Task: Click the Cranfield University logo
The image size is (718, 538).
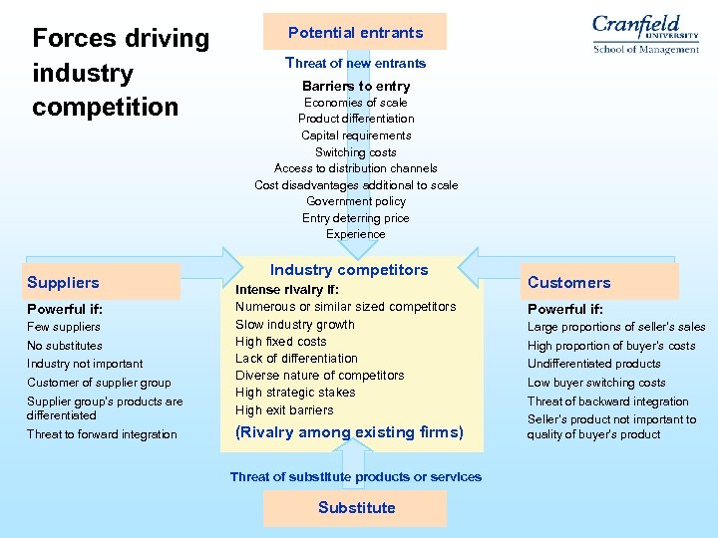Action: pos(645,33)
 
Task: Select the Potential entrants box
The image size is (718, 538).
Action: pos(355,32)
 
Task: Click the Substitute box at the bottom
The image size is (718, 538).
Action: pos(356,508)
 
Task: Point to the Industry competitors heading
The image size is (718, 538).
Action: pos(349,270)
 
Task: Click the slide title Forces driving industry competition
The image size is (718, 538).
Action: pos(121,73)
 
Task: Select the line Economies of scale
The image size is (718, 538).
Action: pos(355,103)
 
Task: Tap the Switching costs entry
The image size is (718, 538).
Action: pos(355,152)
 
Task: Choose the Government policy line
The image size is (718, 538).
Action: pos(355,201)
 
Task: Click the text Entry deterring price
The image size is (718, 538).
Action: pos(355,218)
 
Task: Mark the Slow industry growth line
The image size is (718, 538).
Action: pos(294,324)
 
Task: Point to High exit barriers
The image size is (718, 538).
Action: pos(284,409)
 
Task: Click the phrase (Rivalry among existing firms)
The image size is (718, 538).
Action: pos(349,432)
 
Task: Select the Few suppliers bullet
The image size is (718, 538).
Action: pos(64,327)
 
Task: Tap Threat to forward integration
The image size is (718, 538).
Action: pos(102,434)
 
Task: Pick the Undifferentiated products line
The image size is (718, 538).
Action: pos(593,364)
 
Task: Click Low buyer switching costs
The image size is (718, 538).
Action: pos(596,383)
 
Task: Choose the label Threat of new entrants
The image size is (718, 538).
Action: pos(355,63)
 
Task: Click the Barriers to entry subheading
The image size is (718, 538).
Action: pos(355,86)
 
